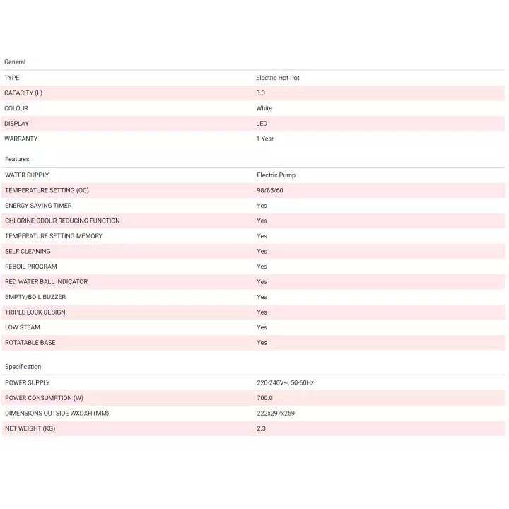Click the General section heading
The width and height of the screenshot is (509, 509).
(15, 62)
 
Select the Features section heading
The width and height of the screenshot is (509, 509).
(17, 159)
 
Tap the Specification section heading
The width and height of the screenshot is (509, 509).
(23, 367)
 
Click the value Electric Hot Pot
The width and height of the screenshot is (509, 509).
(278, 78)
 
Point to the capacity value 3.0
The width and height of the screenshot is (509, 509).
(261, 93)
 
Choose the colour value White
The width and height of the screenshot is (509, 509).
(264, 108)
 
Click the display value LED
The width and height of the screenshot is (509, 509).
(262, 124)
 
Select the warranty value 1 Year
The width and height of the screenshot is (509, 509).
(264, 139)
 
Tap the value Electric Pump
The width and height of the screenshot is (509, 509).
(276, 175)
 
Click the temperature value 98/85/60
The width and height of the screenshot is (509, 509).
(270, 190)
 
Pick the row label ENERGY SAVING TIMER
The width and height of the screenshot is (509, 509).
(38, 206)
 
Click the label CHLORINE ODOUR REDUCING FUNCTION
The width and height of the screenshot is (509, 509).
(62, 221)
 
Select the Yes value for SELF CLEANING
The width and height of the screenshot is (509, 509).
(262, 251)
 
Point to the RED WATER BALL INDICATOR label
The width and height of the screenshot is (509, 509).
(46, 281)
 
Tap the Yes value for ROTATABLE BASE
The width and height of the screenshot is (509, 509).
(262, 343)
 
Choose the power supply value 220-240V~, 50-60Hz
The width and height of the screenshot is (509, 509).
(286, 382)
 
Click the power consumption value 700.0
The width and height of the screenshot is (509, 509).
(265, 398)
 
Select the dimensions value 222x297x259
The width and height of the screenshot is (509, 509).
(276, 413)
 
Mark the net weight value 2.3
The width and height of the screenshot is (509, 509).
(261, 428)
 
